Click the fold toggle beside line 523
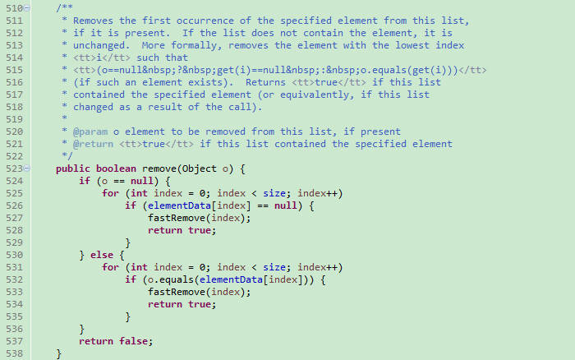[x=27, y=168]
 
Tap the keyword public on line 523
[x=72, y=168]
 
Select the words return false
[x=116, y=341]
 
